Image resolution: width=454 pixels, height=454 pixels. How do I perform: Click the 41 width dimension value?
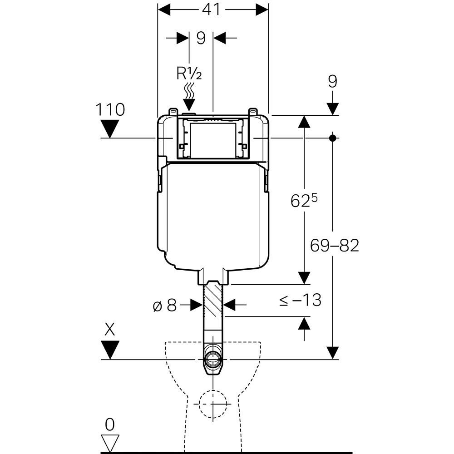point(211,10)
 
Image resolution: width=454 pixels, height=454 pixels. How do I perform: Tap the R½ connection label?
point(188,72)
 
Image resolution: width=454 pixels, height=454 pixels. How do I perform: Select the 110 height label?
point(110,109)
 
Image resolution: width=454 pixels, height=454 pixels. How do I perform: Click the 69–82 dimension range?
point(335,246)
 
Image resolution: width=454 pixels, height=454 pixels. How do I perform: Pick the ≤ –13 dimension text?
point(300,300)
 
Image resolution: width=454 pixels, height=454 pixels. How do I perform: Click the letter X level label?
point(110,329)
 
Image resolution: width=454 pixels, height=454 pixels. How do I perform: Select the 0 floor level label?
point(110,424)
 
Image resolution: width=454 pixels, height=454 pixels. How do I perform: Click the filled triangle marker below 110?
point(110,128)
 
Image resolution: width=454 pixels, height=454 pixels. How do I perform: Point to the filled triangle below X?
point(110,350)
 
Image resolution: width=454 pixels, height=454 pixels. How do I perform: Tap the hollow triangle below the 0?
point(110,442)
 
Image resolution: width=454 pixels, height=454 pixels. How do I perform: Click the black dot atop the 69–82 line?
point(333,137)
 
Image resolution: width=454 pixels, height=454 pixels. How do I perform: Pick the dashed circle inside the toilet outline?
point(212,403)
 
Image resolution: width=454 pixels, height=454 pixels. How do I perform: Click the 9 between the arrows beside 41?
point(201,38)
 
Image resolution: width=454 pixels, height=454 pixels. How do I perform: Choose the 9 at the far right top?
point(333,81)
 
